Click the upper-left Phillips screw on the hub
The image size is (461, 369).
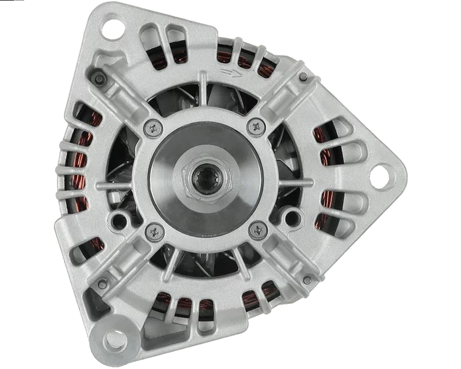(152, 128)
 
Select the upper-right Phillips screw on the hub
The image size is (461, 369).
(254, 127)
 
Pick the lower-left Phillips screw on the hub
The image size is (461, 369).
(153, 231)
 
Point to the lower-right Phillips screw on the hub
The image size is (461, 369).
(256, 231)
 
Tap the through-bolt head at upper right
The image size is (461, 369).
(303, 77)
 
